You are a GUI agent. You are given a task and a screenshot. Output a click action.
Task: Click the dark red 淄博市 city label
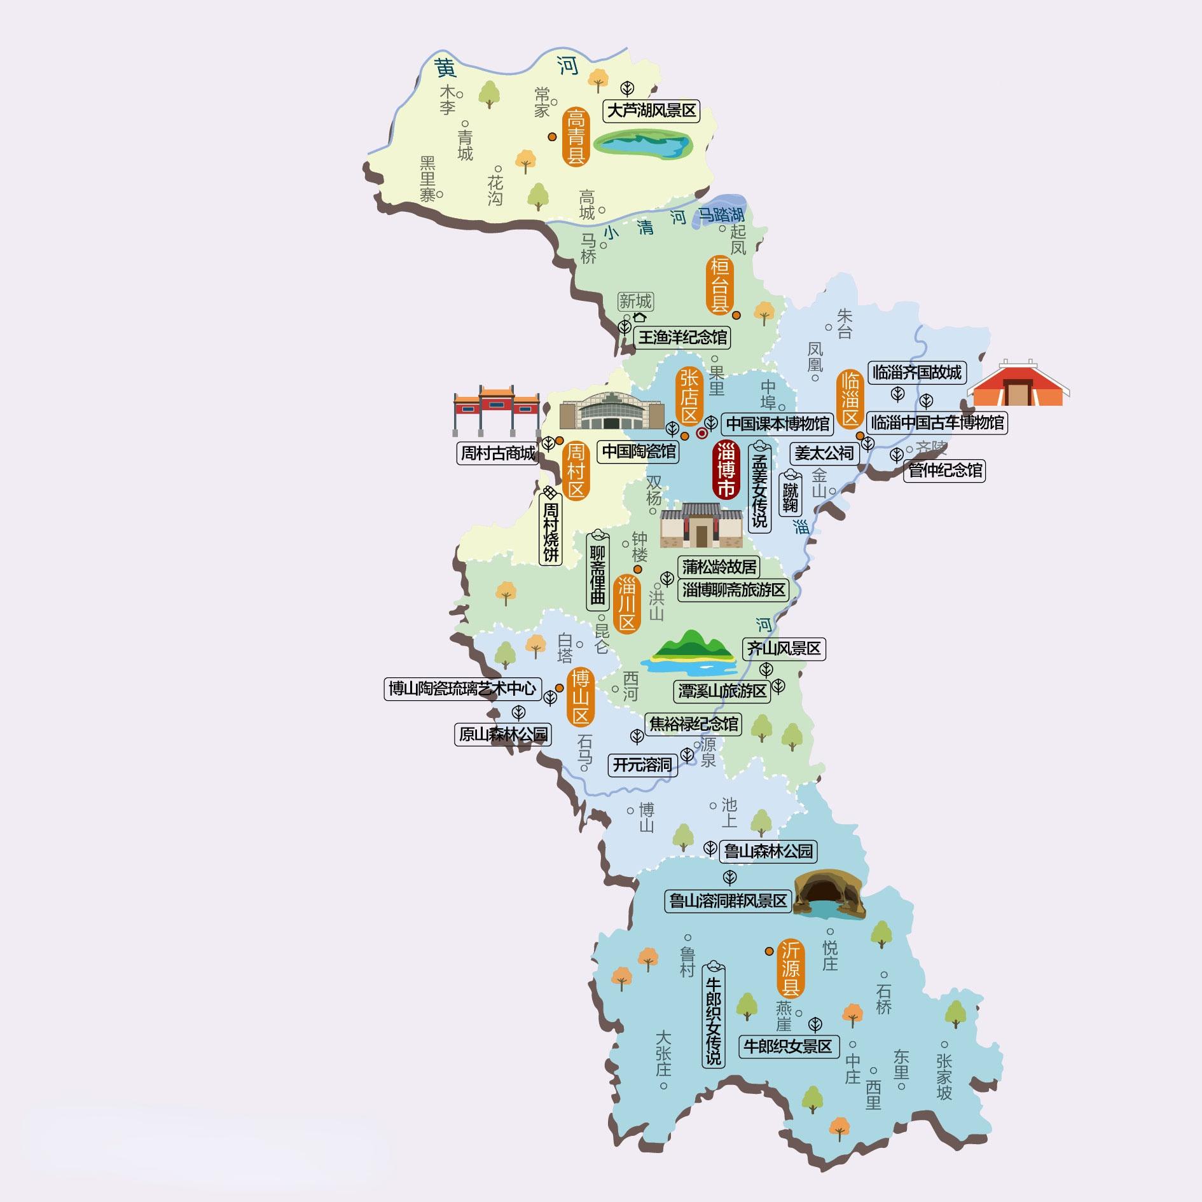[x=726, y=470]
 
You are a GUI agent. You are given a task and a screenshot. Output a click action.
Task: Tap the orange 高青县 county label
[x=575, y=137]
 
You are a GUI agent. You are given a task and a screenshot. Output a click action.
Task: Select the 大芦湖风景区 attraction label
[x=651, y=111]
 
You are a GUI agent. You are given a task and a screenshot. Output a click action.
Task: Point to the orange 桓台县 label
[x=720, y=285]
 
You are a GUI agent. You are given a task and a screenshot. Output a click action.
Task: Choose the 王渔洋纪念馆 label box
[x=682, y=337]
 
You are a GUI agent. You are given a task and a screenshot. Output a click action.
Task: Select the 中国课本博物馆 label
[x=778, y=424]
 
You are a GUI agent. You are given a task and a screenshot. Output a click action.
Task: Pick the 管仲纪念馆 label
[x=944, y=471]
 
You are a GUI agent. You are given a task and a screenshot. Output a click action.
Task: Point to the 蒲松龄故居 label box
[x=719, y=566]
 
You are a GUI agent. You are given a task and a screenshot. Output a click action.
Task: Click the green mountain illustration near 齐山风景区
[x=689, y=653]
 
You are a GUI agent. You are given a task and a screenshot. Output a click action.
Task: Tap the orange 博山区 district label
[x=580, y=698]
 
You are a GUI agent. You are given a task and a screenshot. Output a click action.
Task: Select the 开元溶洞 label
[x=642, y=764]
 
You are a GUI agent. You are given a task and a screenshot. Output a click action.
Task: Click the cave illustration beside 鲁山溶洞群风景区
[x=829, y=894]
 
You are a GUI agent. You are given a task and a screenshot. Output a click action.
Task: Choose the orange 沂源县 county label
[x=791, y=969]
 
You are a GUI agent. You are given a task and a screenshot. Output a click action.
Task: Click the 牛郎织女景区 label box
[x=788, y=1047]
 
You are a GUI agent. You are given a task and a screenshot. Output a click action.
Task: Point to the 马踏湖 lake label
[x=721, y=215]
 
